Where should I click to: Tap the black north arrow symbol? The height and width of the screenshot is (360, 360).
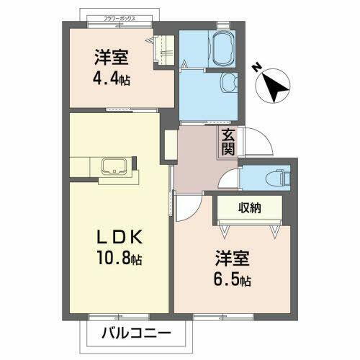pos(274,86)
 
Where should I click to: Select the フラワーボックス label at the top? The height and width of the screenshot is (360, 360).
pos(119,18)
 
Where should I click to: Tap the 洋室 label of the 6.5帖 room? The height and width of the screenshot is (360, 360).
pos(232,258)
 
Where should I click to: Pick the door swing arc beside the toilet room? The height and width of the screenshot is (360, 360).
pos(229,180)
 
